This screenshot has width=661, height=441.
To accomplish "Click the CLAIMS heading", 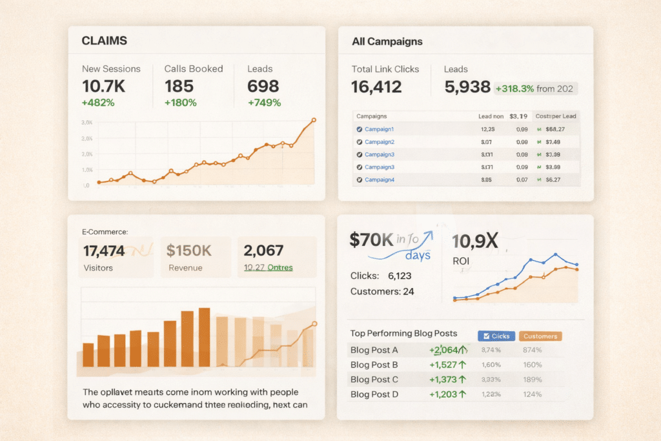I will coord(104,41).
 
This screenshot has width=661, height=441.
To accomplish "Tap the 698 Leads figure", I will coord(263,86).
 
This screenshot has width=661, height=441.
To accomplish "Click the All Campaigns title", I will coord(387,41).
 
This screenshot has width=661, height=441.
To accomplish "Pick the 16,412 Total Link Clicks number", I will coord(376,87).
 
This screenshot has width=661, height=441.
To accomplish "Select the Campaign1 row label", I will coord(380,129).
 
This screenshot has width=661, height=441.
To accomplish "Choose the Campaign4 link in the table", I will coord(380,179).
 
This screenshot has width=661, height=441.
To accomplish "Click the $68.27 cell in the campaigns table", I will coord(558,129).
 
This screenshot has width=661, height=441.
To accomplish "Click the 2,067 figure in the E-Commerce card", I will coord(265,250).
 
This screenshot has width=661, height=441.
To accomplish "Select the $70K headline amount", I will coord(371,240).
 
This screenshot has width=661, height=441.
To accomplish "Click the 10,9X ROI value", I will coord(475,241).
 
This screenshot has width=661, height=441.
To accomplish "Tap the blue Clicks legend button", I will coord(494,336).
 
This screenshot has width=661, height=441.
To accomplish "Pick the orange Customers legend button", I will coord(540,336).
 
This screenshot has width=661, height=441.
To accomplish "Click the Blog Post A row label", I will coord(374,350).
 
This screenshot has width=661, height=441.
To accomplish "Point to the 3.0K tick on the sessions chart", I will coord(86,123).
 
